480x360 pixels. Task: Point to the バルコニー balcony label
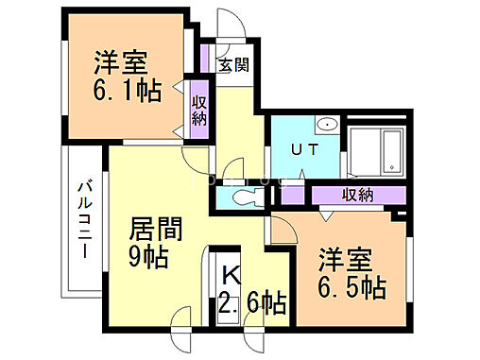(x=83, y=220)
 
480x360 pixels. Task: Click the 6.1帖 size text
(x=128, y=90)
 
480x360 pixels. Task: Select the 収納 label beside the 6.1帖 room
(x=199, y=111)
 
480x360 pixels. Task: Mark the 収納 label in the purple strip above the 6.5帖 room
(x=358, y=197)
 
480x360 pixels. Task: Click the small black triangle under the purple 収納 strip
(x=324, y=214)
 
